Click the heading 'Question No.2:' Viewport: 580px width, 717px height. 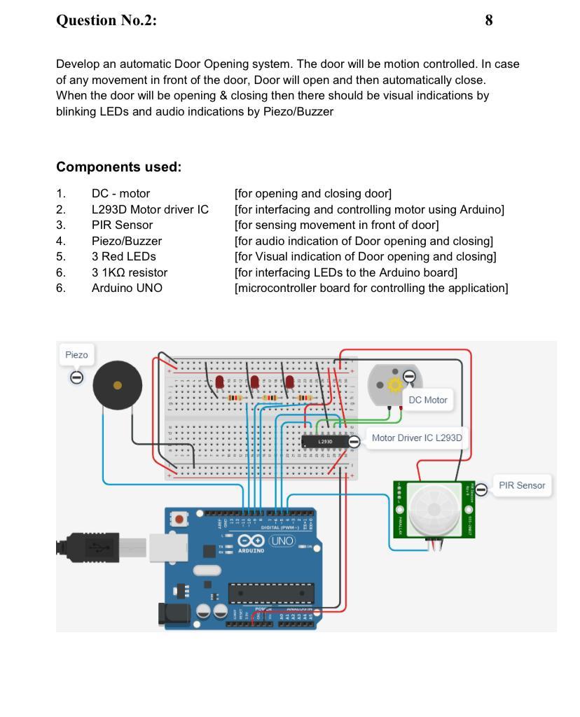[x=106, y=20]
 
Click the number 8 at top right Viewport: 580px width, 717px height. [x=488, y=20]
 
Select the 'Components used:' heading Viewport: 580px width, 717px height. [x=118, y=167]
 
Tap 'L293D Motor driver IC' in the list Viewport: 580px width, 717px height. [x=150, y=209]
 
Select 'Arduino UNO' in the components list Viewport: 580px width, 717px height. [x=127, y=288]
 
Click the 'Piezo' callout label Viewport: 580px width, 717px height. [x=76, y=355]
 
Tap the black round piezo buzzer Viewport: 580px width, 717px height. [x=118, y=385]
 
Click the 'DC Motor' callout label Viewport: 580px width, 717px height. [x=427, y=400]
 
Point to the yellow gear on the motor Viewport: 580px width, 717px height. [x=394, y=384]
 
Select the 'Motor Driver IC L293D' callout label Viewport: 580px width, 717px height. [x=416, y=438]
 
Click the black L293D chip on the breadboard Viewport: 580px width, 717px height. [x=325, y=442]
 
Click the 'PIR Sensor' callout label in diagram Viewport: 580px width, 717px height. [x=521, y=485]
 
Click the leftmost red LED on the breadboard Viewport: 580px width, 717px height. [x=219, y=382]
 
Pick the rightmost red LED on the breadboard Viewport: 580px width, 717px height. [x=289, y=382]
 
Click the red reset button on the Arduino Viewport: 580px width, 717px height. [x=180, y=520]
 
